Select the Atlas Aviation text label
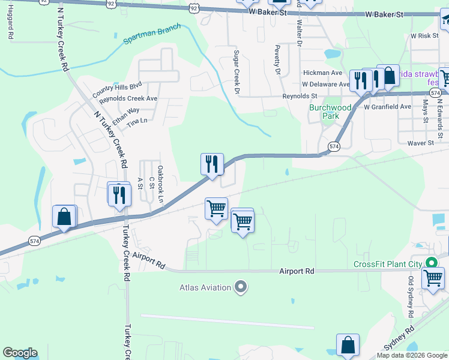pyautogui.click(x=205, y=288)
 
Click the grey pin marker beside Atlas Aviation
pyautogui.click(x=241, y=288)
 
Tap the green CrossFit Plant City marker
pyautogui.click(x=430, y=263)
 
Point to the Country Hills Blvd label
pyautogui.click(x=117, y=89)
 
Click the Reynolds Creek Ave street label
pyautogui.click(x=128, y=98)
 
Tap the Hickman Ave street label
pyautogui.click(x=322, y=73)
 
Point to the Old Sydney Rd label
pyautogui.click(x=411, y=297)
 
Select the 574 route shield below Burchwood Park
pyautogui.click(x=334, y=146)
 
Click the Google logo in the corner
pyautogui.click(x=20, y=353)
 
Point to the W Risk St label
pyautogui.click(x=426, y=36)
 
